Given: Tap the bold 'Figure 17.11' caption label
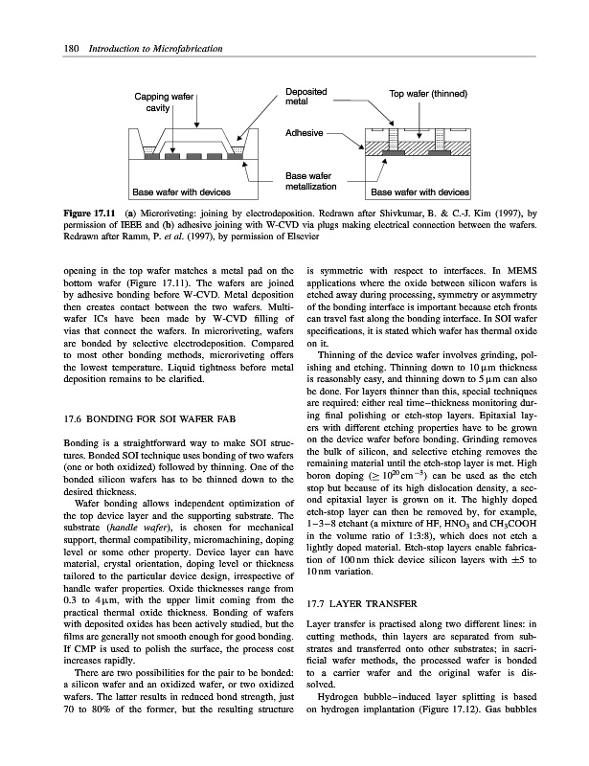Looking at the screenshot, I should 88,210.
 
